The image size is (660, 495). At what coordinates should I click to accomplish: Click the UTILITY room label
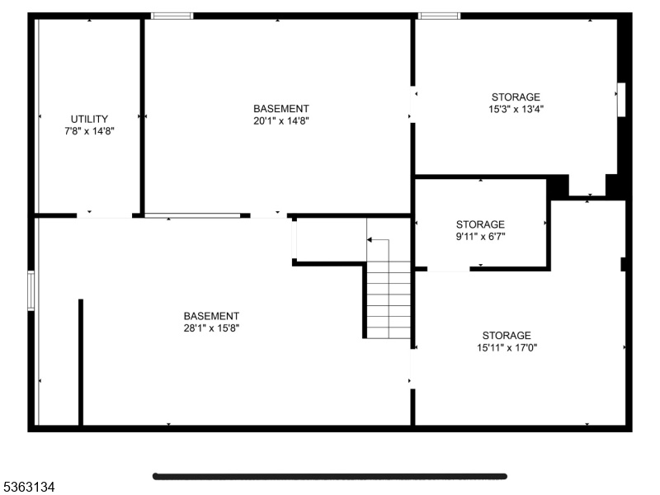[x=89, y=119]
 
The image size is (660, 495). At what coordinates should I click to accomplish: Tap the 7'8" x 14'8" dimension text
[x=89, y=131]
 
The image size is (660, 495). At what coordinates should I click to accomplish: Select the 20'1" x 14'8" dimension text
[x=281, y=121]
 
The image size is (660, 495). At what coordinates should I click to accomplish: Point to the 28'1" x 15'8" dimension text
[x=211, y=328]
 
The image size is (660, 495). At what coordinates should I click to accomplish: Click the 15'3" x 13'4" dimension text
[x=516, y=110]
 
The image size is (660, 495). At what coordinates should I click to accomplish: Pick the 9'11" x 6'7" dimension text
[x=480, y=237]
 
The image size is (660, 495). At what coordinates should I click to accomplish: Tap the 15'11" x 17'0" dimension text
[x=507, y=347]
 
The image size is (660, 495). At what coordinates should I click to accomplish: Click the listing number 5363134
[x=27, y=488]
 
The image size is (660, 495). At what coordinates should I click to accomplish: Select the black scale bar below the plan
[x=329, y=477]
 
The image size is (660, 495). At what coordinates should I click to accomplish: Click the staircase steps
[x=389, y=299]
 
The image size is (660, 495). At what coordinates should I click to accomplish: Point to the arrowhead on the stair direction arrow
[x=369, y=240]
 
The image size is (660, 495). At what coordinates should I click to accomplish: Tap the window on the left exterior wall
[x=31, y=291]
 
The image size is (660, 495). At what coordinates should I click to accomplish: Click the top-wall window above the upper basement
[x=172, y=16]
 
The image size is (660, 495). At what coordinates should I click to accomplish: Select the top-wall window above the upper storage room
[x=439, y=16]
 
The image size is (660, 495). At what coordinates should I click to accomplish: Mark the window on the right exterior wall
[x=621, y=100]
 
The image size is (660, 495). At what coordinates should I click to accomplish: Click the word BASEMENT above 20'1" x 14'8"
[x=281, y=109]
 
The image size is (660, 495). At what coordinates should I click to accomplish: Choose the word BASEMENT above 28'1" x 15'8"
[x=211, y=316]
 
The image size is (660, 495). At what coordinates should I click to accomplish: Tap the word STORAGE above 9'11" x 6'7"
[x=480, y=224]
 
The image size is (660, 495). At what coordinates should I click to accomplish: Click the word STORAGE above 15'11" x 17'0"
[x=507, y=336]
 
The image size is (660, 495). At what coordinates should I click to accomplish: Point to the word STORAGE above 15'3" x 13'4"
[x=516, y=97]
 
